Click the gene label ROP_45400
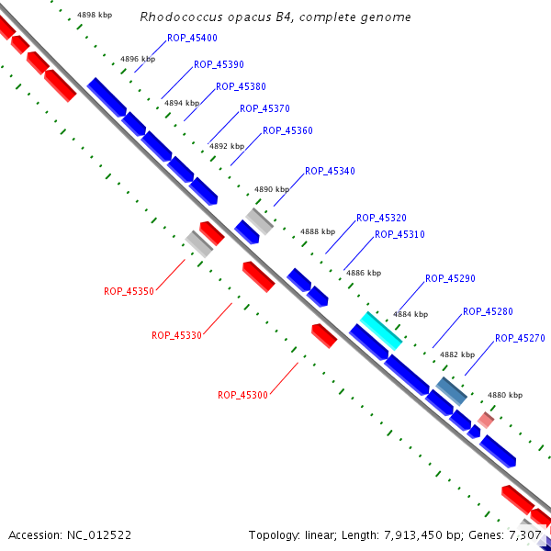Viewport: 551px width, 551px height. point(192,39)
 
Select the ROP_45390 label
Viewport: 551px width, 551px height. point(219,65)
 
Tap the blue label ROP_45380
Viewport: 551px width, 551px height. point(241,87)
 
